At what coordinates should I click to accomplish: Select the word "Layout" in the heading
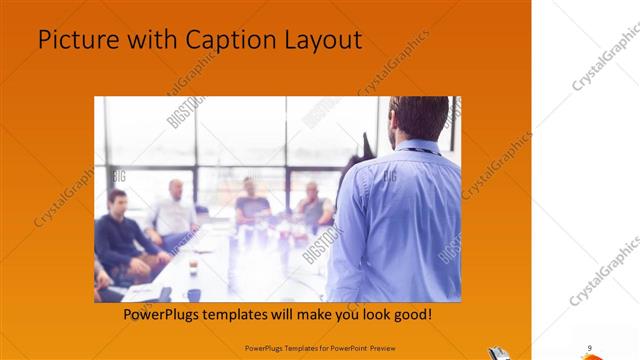coord(322,41)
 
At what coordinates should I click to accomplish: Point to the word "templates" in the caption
coord(254,314)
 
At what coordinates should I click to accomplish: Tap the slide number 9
coord(590,347)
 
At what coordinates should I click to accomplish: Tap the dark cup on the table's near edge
coord(194,294)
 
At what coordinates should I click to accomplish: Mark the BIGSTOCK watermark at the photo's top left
coord(185,111)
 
